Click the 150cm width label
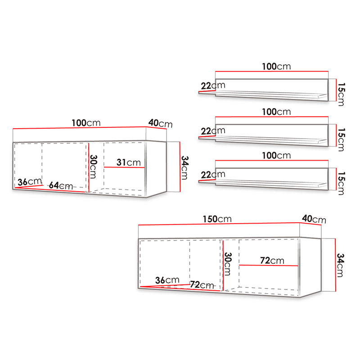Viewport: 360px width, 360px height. (x=217, y=219)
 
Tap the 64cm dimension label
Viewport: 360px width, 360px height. (x=61, y=185)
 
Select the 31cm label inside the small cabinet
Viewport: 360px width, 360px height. (x=129, y=162)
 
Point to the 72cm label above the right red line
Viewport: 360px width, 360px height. (x=272, y=261)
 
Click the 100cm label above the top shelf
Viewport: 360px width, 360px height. (x=276, y=66)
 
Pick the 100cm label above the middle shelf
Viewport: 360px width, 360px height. (x=276, y=112)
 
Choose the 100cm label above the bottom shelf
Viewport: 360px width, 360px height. (x=276, y=155)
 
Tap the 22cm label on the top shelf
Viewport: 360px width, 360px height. (x=213, y=85)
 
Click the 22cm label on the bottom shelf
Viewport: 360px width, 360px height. (x=213, y=175)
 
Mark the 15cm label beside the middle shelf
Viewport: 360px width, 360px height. (x=341, y=139)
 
